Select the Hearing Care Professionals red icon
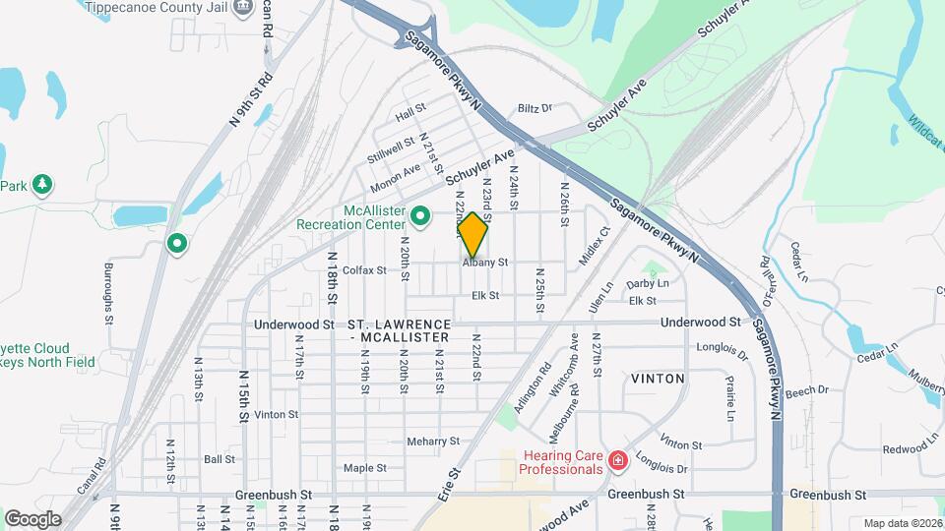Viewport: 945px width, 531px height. click(x=617, y=460)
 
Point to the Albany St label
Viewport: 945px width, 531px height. click(x=484, y=263)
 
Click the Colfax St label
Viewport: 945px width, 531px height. click(x=365, y=270)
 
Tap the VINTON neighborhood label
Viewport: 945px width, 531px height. click(x=658, y=378)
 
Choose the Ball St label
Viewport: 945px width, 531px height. click(x=219, y=459)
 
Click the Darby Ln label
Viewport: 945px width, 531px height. click(x=648, y=283)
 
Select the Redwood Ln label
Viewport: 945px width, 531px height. click(x=878, y=449)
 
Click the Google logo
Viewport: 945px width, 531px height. click(x=32, y=518)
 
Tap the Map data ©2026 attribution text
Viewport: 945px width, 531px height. click(x=902, y=523)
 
